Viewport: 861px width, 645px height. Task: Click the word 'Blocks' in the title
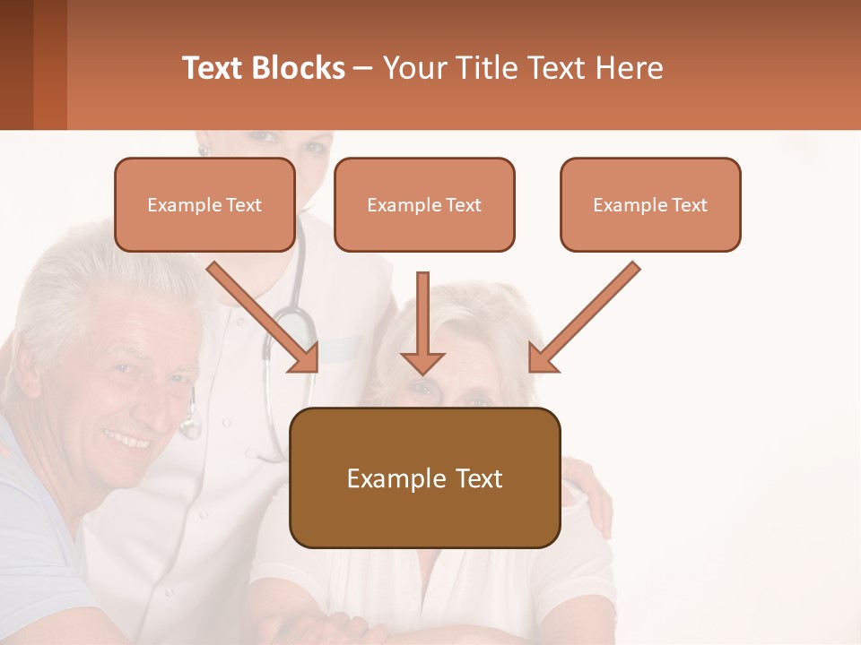pyautogui.click(x=296, y=68)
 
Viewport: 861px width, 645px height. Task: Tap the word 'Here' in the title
pyautogui.click(x=631, y=68)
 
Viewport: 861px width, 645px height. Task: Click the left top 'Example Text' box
pyautogui.click(x=204, y=204)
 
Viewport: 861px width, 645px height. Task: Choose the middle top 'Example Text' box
pyautogui.click(x=424, y=204)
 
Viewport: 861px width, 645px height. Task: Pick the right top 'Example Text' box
pyautogui.click(x=650, y=204)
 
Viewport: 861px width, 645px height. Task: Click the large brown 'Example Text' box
pyautogui.click(x=424, y=477)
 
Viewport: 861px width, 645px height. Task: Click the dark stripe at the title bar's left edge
pyautogui.click(x=16, y=64)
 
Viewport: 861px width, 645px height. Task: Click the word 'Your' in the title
pyautogui.click(x=414, y=68)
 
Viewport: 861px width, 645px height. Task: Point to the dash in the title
pyautogui.click(x=363, y=68)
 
